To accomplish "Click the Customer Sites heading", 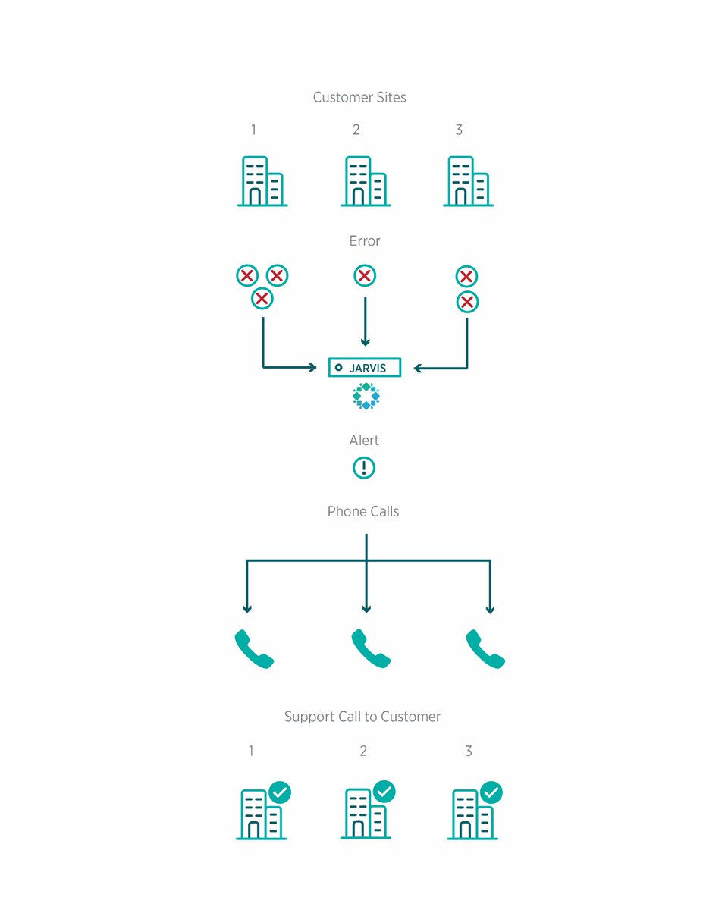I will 359,98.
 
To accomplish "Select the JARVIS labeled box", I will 364,368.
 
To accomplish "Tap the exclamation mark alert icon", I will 364,468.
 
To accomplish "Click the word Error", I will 364,241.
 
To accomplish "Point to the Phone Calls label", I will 362,512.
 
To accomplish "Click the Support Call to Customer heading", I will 362,717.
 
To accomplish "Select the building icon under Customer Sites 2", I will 366,181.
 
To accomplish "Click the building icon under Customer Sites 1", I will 262,181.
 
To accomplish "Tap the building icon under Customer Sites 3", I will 468,181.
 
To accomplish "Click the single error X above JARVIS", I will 365,276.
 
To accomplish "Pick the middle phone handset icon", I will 370,649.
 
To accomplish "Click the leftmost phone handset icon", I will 253,649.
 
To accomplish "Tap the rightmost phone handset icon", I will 485,649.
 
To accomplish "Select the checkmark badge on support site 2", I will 384,792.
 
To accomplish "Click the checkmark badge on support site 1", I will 280,793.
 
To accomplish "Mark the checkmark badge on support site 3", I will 491,793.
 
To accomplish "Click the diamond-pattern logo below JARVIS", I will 366,397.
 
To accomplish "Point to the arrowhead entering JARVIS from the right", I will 418,369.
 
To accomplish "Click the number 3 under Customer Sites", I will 459,130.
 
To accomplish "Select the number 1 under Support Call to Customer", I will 251,752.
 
